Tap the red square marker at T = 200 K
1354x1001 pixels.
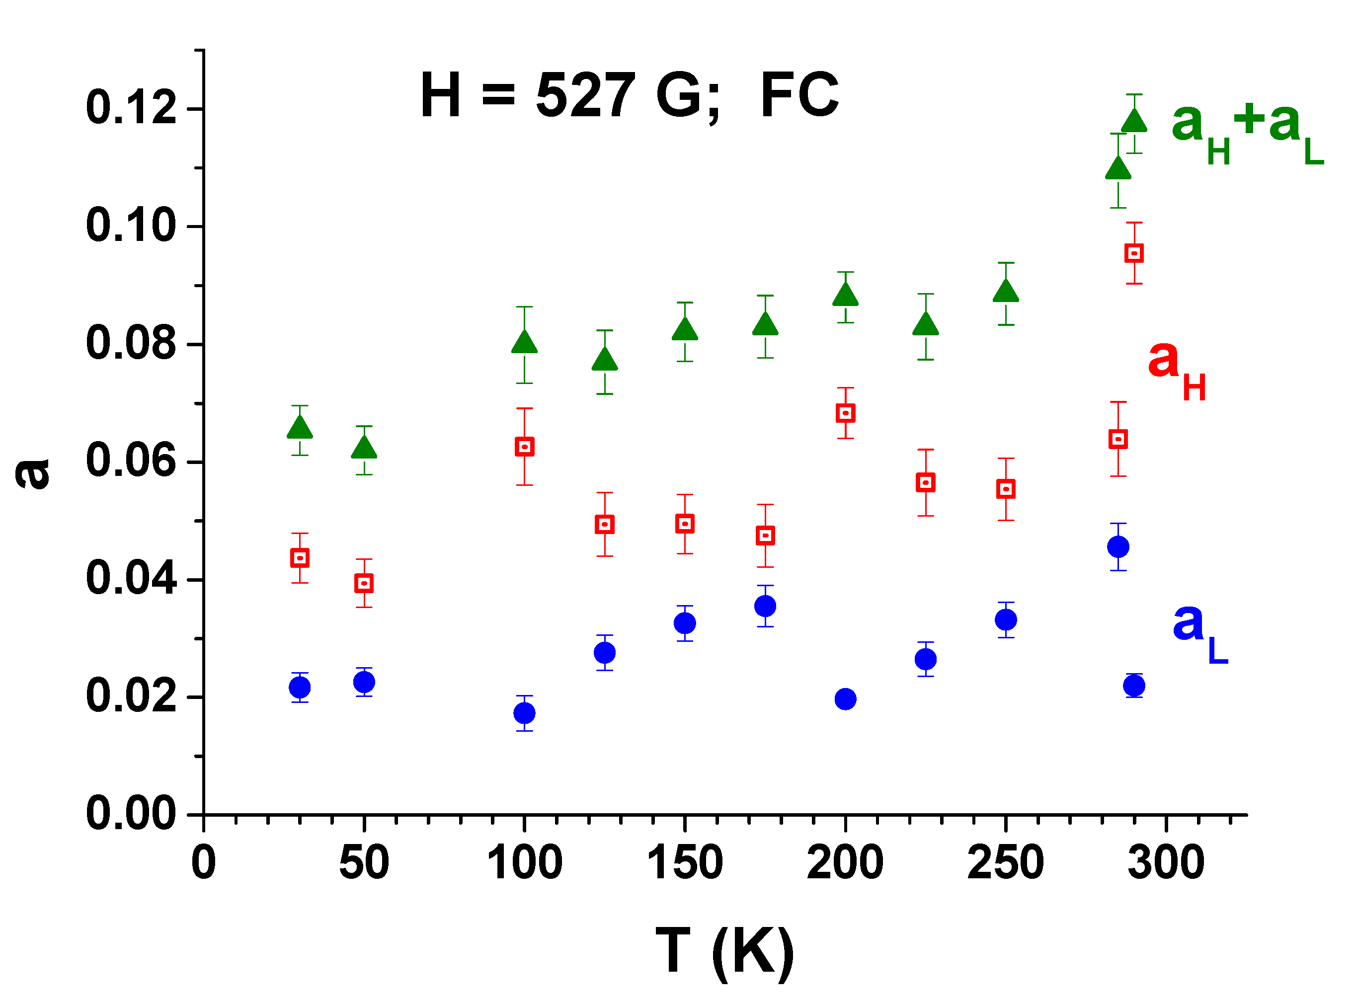846,413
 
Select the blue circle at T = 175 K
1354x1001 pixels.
766,606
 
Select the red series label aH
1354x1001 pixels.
1176,370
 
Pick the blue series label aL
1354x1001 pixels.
1199,632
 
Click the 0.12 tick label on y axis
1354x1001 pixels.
131,108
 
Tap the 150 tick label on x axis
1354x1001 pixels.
685,863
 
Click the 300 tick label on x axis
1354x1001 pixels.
1166,863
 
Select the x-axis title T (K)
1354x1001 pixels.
725,951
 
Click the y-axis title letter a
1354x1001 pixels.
33,473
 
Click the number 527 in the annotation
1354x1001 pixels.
585,95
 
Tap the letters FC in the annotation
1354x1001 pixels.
799,95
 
